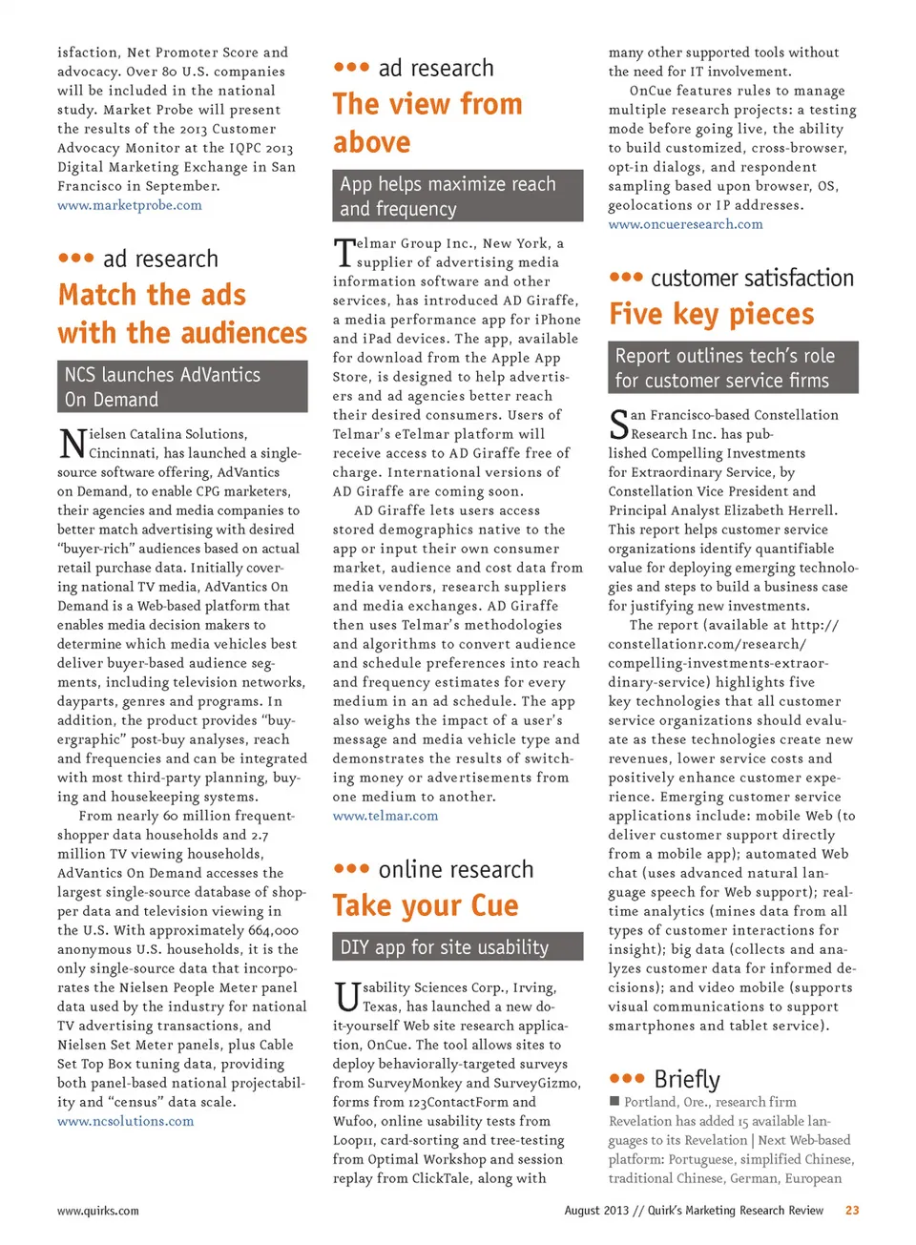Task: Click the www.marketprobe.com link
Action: pyautogui.click(x=129, y=205)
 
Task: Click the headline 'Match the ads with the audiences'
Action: pyautogui.click(x=181, y=314)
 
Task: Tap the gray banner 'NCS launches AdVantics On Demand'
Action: pyautogui.click(x=182, y=386)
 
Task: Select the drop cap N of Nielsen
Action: pyautogui.click(x=73, y=445)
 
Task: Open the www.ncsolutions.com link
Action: pyautogui.click(x=125, y=1121)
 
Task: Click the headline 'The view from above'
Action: pyautogui.click(x=427, y=123)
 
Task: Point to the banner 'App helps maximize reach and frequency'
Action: pyautogui.click(x=457, y=196)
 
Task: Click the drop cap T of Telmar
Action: pyautogui.click(x=343, y=254)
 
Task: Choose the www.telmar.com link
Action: pyautogui.click(x=385, y=816)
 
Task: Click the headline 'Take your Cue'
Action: pyautogui.click(x=426, y=905)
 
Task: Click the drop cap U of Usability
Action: pyautogui.click(x=347, y=997)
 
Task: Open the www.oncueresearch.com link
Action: pyautogui.click(x=685, y=224)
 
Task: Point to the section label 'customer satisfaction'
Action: pyautogui.click(x=752, y=278)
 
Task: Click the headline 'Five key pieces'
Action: pyautogui.click(x=712, y=314)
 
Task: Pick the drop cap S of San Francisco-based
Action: pyautogui.click(x=619, y=425)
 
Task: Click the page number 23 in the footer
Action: pyautogui.click(x=852, y=1210)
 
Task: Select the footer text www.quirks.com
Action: pyautogui.click(x=98, y=1211)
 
